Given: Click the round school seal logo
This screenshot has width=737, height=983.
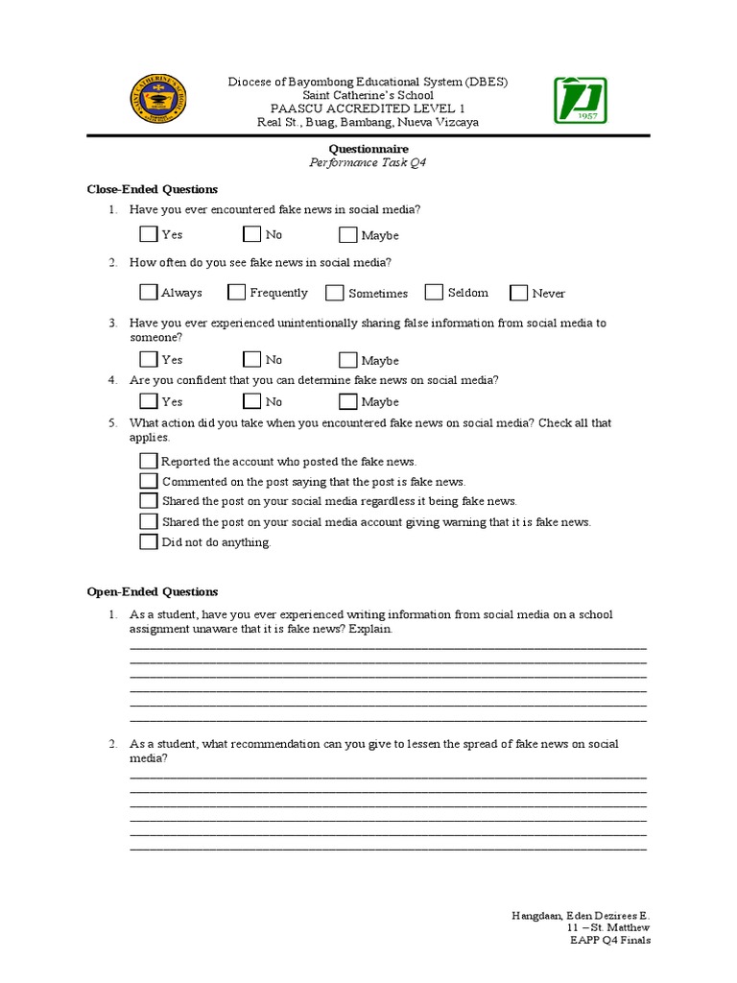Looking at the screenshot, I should (x=157, y=101).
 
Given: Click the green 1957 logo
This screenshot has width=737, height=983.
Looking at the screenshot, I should (x=580, y=101).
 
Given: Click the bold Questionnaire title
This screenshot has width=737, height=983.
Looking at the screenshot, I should (x=368, y=149).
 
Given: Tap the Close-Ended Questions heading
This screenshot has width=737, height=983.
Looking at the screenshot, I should (x=153, y=189).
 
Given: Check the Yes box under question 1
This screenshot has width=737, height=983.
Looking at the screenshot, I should (x=148, y=234).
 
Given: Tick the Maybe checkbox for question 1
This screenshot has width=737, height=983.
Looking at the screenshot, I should (x=347, y=235).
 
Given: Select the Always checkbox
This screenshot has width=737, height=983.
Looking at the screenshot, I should (x=148, y=292).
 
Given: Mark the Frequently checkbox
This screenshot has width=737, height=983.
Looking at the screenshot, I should (x=236, y=292).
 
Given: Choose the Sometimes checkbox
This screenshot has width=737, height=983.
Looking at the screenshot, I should (x=334, y=293).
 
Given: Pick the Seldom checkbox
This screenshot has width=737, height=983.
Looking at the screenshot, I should (x=434, y=292).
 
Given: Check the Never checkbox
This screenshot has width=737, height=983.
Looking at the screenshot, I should (x=519, y=293).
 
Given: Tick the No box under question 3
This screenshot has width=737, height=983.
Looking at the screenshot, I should (x=251, y=360).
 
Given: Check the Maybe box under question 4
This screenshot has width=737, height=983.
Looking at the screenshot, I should (x=347, y=401).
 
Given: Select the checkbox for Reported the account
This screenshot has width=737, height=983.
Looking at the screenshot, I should (x=148, y=461).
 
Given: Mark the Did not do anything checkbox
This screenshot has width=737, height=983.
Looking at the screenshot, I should (x=148, y=541).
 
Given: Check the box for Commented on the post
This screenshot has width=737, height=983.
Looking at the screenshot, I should (x=148, y=481).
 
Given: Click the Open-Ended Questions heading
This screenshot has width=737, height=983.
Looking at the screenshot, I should (x=153, y=591).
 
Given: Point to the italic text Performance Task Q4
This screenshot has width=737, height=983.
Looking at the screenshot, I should (x=368, y=163).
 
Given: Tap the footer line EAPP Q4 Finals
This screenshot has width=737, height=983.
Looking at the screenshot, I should (x=609, y=940).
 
